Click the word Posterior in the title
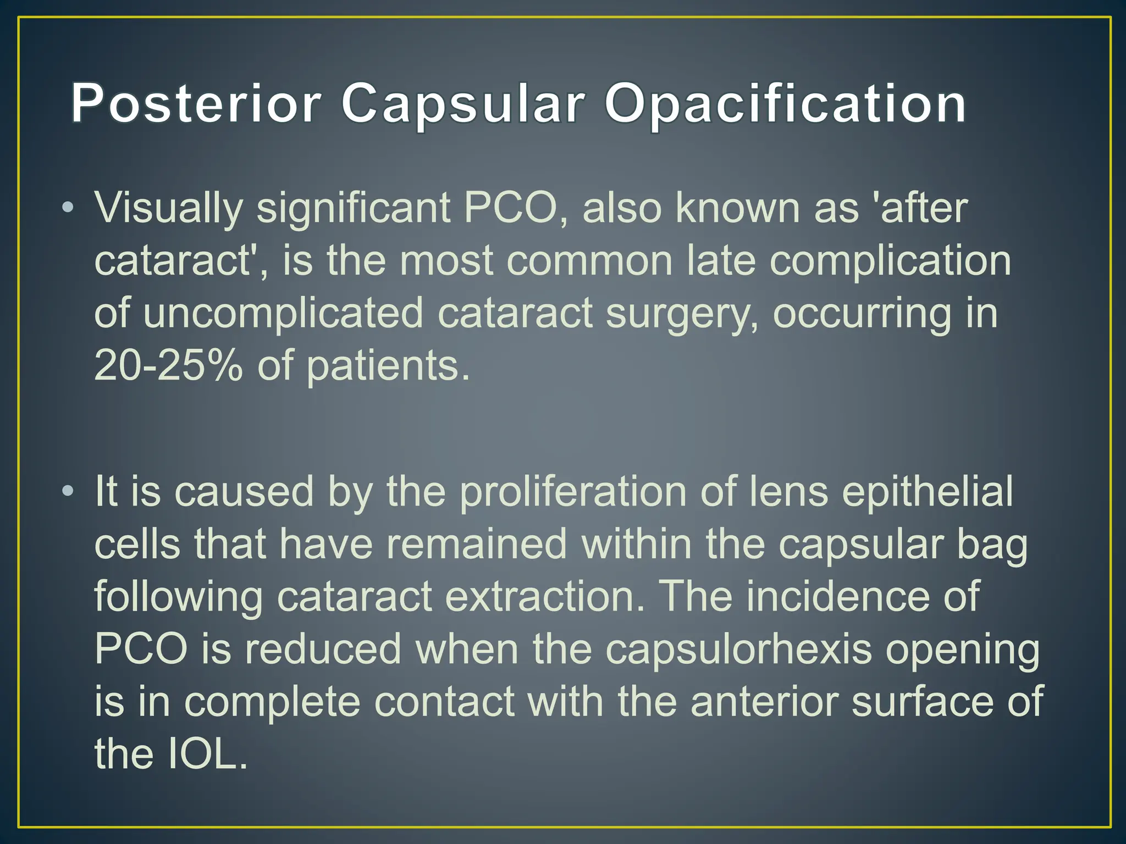pos(196,103)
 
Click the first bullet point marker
pos(67,208)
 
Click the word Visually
pos(168,209)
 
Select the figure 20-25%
pos(168,366)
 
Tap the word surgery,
pos(682,313)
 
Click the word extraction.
pos(544,597)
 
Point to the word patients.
pos(388,367)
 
